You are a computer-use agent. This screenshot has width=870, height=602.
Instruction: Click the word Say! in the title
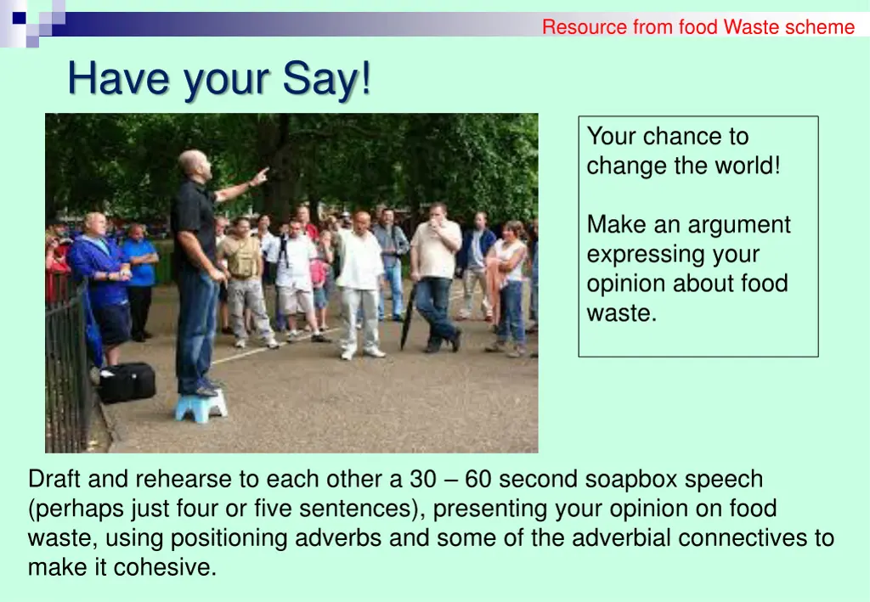(x=327, y=80)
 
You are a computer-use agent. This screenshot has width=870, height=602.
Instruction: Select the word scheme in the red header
(x=820, y=27)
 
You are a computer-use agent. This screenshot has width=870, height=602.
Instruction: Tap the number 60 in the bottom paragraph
(x=477, y=479)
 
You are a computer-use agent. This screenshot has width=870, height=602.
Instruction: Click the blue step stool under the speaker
(x=201, y=406)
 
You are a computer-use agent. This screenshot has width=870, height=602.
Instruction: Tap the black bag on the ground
(x=127, y=382)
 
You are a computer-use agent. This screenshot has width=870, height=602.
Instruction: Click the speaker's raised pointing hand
(x=260, y=177)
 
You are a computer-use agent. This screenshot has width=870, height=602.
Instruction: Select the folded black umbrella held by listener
(x=408, y=318)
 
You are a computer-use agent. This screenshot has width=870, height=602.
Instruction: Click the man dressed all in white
(x=360, y=280)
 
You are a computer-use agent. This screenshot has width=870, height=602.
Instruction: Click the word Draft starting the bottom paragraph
(x=54, y=479)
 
